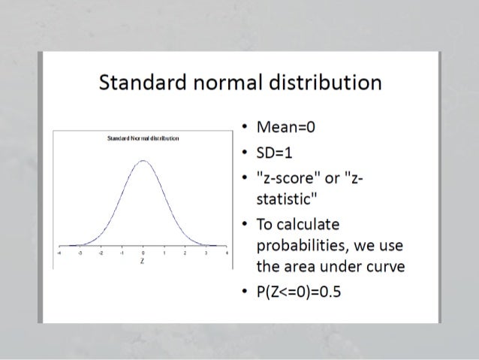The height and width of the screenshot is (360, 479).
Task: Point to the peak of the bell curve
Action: coord(143,160)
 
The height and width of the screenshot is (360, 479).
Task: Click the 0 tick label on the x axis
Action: coord(143,254)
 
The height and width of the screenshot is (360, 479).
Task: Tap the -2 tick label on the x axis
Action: coord(101,254)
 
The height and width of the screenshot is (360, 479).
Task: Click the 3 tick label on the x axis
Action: coord(205,254)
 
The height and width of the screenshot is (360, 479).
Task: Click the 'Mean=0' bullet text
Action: coord(285,126)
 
